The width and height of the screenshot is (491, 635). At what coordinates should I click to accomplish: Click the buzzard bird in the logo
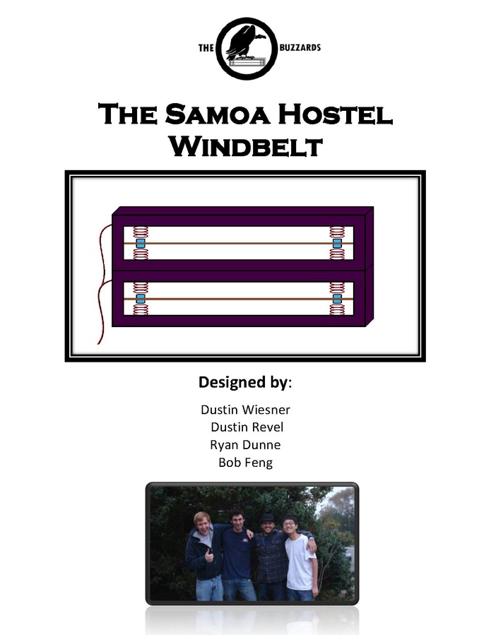point(243,44)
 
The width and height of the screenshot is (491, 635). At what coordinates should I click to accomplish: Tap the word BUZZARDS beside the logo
point(300,48)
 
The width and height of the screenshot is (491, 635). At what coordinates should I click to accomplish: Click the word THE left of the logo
point(206,48)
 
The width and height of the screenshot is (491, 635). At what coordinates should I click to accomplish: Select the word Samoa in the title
point(217,114)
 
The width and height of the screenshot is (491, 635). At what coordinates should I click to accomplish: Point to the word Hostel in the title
point(336,114)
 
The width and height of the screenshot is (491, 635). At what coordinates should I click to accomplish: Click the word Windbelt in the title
point(246,146)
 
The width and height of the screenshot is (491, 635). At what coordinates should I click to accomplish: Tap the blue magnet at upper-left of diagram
point(141,244)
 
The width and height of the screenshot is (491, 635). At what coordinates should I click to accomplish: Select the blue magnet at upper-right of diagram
point(337,244)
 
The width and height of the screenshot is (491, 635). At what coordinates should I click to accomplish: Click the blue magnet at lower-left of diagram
point(141,299)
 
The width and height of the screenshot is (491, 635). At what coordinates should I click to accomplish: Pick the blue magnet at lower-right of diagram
point(337,299)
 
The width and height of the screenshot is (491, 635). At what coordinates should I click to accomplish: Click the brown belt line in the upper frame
point(238,244)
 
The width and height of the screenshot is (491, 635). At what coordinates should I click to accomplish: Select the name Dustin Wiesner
point(246,410)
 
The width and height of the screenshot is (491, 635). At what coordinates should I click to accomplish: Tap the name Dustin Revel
point(247,427)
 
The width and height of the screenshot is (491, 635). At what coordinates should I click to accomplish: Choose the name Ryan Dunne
point(245,445)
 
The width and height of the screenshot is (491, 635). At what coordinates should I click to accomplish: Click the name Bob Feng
point(246,462)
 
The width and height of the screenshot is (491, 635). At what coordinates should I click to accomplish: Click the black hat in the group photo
point(267,518)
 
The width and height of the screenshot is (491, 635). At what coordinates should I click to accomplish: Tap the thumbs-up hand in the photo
point(209,555)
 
